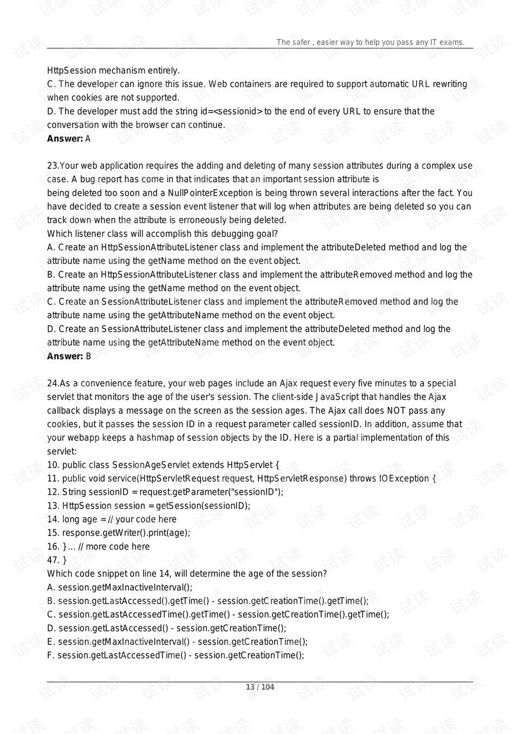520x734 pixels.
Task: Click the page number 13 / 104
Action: pyautogui.click(x=260, y=687)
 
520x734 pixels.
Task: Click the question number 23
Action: pyautogui.click(x=52, y=166)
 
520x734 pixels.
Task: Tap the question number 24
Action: pyautogui.click(x=52, y=383)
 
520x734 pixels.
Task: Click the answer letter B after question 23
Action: pyautogui.click(x=88, y=356)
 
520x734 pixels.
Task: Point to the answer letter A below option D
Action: pyautogui.click(x=88, y=138)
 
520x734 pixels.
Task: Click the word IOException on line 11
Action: pyautogui.click(x=404, y=478)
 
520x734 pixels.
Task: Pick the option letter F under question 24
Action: pyautogui.click(x=50, y=655)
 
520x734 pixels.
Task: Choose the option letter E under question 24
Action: pyautogui.click(x=51, y=642)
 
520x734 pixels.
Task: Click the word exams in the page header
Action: pyautogui.click(x=452, y=42)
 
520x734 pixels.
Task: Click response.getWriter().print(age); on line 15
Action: pyautogui.click(x=126, y=533)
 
